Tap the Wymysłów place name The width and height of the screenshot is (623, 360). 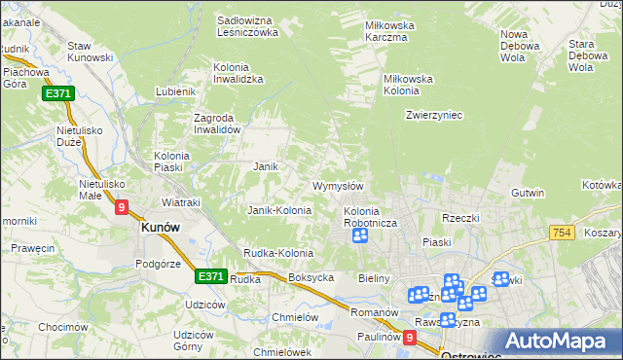(338, 186)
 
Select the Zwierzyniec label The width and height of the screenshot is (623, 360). (433, 115)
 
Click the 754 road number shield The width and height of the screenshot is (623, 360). (560, 233)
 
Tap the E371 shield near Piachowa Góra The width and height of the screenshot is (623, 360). (56, 94)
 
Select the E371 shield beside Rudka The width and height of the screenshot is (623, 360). (210, 276)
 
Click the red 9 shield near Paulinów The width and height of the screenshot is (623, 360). (410, 338)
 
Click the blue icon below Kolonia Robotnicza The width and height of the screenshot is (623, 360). (360, 234)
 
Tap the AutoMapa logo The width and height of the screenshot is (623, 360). (564, 342)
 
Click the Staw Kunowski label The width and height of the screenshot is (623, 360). (92, 53)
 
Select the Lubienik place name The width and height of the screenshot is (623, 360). (175, 92)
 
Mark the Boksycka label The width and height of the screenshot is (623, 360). (311, 277)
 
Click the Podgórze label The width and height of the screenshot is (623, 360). (160, 264)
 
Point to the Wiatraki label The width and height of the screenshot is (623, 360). (180, 202)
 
